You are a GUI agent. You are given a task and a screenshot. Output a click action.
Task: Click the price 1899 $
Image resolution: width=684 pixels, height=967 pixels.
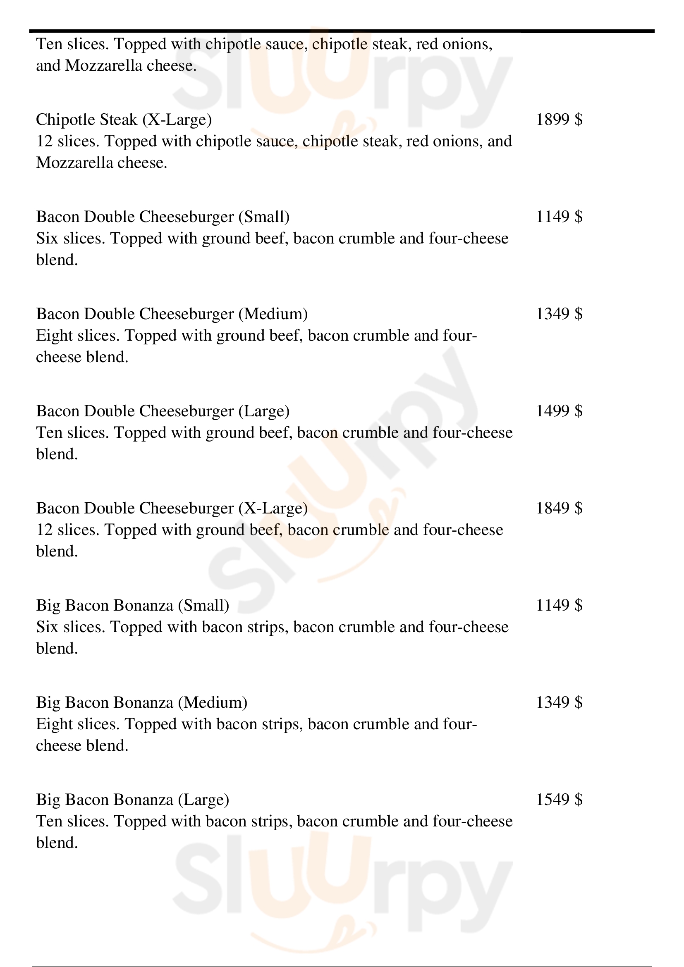pos(559,120)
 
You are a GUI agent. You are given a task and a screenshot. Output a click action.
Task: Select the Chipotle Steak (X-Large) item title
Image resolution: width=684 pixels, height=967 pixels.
pos(124,120)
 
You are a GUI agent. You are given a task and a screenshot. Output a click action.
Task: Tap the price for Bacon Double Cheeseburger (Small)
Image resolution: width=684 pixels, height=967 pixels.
pos(559,217)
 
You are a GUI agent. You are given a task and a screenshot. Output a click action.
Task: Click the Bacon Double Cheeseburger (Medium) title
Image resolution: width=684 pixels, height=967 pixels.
pos(172,314)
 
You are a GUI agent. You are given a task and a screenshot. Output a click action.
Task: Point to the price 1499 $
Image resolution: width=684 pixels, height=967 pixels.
pos(559,411)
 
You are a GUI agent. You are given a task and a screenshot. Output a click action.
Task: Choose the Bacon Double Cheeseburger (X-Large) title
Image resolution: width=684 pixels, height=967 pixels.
pos(172,509)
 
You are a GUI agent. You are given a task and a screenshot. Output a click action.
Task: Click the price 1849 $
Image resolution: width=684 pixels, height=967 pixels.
pos(559,509)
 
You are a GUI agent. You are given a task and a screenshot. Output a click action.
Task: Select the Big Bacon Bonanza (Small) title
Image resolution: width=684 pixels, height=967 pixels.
pos(133,606)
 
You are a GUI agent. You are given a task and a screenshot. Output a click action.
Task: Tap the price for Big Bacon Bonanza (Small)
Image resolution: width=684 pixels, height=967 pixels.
pos(559,606)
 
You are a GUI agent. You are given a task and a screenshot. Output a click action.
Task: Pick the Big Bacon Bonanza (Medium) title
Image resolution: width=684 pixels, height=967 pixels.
pos(141,703)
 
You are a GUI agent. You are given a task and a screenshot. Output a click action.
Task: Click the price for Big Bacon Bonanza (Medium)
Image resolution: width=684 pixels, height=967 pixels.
pos(559,703)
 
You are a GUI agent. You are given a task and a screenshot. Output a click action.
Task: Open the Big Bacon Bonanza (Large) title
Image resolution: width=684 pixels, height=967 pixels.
pos(133,800)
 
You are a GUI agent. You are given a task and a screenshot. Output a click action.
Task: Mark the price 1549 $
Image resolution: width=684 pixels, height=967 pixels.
pos(559,800)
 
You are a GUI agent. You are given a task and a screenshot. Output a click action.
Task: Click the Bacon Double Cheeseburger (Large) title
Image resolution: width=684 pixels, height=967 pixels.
pos(163,411)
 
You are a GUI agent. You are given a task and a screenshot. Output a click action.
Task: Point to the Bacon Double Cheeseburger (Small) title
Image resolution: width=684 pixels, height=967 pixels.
pos(163,217)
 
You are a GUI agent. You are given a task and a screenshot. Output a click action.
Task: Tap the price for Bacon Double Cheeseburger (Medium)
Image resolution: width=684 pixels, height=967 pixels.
pos(559,314)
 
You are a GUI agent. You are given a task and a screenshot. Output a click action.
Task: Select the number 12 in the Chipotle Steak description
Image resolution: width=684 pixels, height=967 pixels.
pos(44,141)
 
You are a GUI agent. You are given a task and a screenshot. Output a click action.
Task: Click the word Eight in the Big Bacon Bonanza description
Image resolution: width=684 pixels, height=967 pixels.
pos(54,724)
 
